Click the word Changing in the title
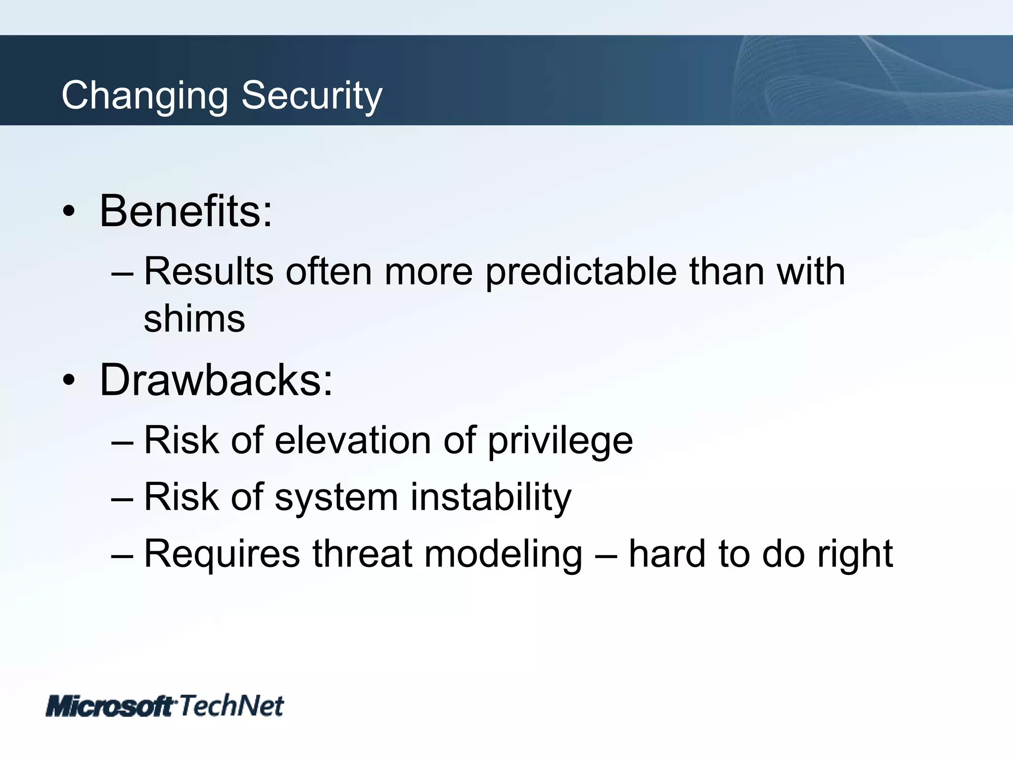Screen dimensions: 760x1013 pyautogui.click(x=144, y=96)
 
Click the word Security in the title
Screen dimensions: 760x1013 pyautogui.click(x=312, y=96)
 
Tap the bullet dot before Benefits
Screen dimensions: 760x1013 pyautogui.click(x=69, y=212)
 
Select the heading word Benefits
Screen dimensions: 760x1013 pyautogui.click(x=185, y=211)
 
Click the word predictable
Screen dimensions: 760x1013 pyautogui.click(x=581, y=272)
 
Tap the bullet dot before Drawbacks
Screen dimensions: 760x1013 pyautogui.click(x=69, y=380)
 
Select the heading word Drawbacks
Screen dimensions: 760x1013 pyautogui.click(x=216, y=380)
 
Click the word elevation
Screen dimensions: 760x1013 pyautogui.click(x=353, y=440)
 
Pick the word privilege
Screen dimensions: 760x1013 pyautogui.click(x=560, y=441)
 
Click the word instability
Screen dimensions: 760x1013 pyautogui.click(x=491, y=497)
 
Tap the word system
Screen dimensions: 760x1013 pyautogui.click(x=336, y=497)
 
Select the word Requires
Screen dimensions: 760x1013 pyautogui.click(x=222, y=554)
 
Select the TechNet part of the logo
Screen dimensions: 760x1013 pyautogui.click(x=231, y=705)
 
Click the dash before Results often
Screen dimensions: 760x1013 pyautogui.click(x=122, y=273)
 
